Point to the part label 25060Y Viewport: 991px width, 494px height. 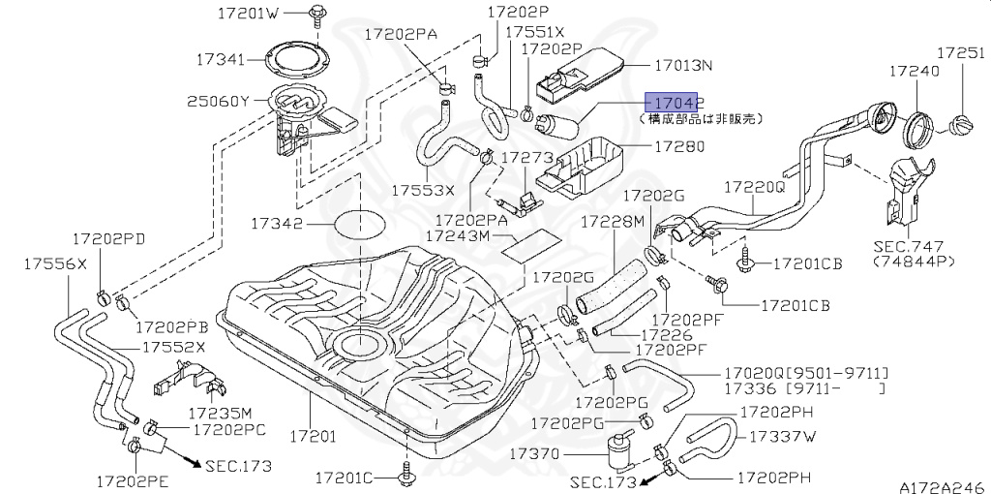pos(218,101)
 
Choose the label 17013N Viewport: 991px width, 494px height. pos(683,66)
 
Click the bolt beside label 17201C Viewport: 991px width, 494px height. pos(405,476)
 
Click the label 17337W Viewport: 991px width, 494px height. pos(783,436)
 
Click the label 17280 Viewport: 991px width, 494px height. pos(679,147)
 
